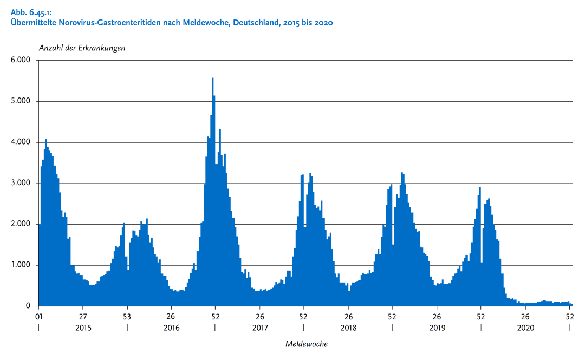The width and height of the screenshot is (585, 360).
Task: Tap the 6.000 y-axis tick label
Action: pos(21,60)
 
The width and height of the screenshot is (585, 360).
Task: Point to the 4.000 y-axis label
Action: pos(21,142)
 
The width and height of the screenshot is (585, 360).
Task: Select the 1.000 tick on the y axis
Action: pos(21,265)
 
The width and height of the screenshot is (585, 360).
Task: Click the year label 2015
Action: pos(83,328)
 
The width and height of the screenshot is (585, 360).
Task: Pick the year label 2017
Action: pos(260,328)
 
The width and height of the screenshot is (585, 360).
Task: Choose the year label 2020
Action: pos(525,328)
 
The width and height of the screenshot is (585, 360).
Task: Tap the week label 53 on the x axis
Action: pos(127,316)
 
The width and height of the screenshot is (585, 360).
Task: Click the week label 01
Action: pos(38,316)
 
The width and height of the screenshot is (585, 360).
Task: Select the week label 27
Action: pos(83,316)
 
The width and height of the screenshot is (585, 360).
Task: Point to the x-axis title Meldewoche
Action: pos(306,344)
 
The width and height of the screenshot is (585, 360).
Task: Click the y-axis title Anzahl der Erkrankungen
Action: pos(82,48)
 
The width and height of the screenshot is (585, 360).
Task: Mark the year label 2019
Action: pos(437,328)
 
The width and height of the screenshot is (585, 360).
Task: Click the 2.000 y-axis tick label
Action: pos(21,224)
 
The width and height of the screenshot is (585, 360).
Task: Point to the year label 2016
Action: pos(171,328)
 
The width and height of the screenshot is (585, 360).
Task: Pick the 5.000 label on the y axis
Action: pos(21,101)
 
